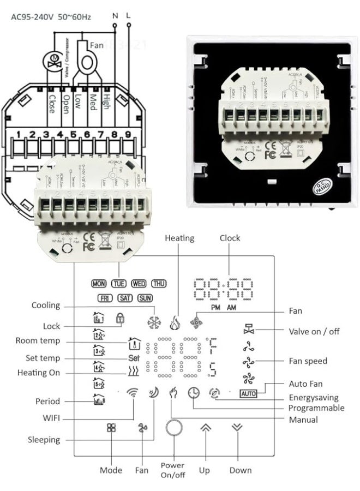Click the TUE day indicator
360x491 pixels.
click(x=118, y=284)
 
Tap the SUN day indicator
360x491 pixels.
click(x=145, y=298)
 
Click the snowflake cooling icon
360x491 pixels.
click(x=154, y=322)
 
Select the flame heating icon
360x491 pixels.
click(x=174, y=322)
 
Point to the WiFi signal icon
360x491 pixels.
click(x=133, y=393)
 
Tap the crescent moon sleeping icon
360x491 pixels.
click(x=153, y=393)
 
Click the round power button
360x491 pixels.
click(x=173, y=428)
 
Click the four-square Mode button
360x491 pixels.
click(x=111, y=428)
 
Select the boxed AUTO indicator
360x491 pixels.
click(x=248, y=393)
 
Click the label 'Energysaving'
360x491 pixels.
click(x=313, y=398)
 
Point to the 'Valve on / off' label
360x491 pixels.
click(x=315, y=331)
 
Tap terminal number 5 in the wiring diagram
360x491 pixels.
click(x=74, y=134)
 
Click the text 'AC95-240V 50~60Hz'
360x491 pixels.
click(x=51, y=17)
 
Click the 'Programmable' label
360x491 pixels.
click(x=316, y=408)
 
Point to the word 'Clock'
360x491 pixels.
click(x=230, y=238)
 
